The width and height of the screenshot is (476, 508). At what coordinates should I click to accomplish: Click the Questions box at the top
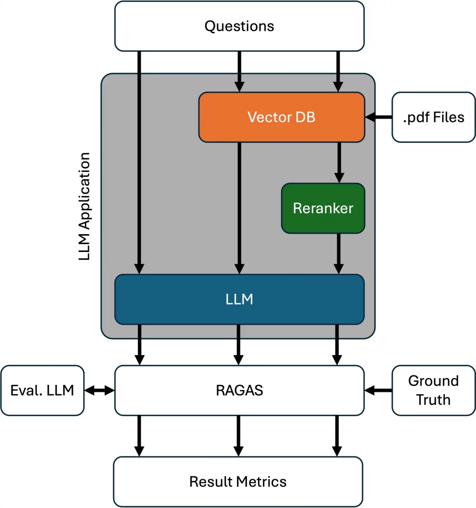pyautogui.click(x=239, y=26)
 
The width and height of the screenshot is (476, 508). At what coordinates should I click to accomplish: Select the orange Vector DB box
pyautogui.click(x=281, y=117)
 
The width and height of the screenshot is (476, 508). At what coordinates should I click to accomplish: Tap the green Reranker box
pyautogui.click(x=323, y=208)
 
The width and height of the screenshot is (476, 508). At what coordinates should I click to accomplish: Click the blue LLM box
pyautogui.click(x=239, y=299)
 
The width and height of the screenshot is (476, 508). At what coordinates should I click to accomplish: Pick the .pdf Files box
pyautogui.click(x=433, y=117)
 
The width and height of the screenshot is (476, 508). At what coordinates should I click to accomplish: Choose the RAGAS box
pyautogui.click(x=239, y=390)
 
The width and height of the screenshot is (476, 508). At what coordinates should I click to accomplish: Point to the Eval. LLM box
pyautogui.click(x=42, y=390)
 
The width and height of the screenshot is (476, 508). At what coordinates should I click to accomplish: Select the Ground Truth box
pyautogui.click(x=433, y=390)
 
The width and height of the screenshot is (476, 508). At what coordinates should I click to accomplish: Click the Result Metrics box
pyautogui.click(x=238, y=481)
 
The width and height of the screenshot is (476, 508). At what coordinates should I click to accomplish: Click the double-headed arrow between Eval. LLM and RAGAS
pyautogui.click(x=99, y=391)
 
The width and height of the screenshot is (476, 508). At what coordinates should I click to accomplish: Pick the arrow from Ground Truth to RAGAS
pyautogui.click(x=378, y=391)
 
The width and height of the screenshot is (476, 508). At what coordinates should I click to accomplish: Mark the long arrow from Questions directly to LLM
pyautogui.click(x=139, y=164)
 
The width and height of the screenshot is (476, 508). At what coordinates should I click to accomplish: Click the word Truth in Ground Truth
pyautogui.click(x=433, y=399)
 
